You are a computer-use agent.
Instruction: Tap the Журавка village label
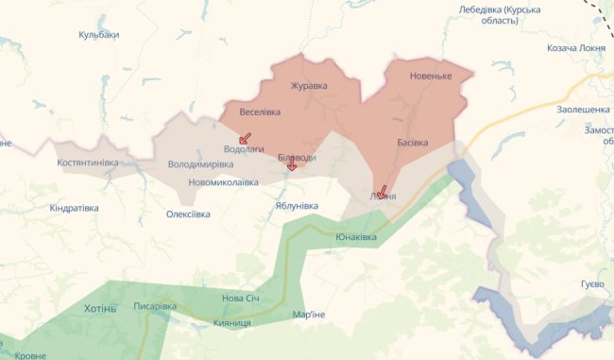(308, 85)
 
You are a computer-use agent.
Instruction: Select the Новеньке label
(431, 75)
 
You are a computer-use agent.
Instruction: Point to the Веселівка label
(260, 112)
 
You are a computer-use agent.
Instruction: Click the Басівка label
(412, 143)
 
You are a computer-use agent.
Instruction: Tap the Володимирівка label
(200, 164)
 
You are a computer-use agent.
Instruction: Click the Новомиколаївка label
(223, 181)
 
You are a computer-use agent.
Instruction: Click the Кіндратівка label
(81, 207)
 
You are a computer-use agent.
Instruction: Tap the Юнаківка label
(355, 237)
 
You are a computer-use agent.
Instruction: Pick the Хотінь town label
(100, 309)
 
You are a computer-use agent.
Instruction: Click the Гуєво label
(592, 284)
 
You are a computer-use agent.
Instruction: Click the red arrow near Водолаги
(246, 138)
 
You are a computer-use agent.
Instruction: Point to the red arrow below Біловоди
(292, 166)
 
